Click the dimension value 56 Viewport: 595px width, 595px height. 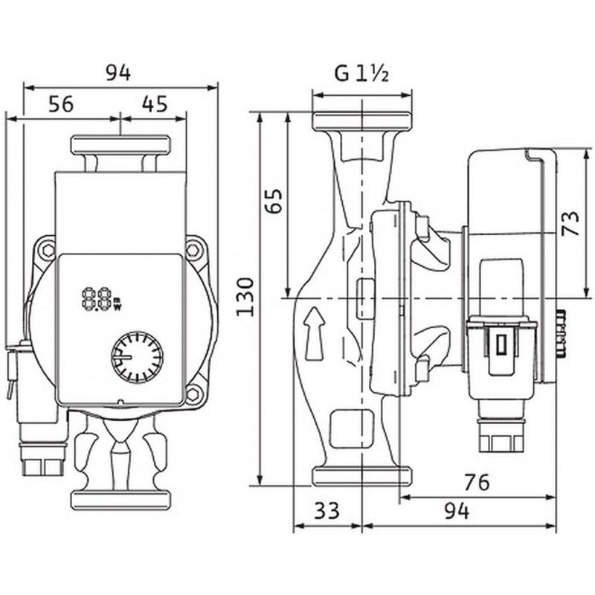[x=61, y=103]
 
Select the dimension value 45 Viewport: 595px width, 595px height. [x=155, y=103]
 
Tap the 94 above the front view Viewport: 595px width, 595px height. [x=118, y=73]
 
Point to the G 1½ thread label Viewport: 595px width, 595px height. [x=361, y=73]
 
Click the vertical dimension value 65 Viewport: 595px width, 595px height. [x=274, y=200]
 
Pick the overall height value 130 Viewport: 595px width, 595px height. [x=245, y=297]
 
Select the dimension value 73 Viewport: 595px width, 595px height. [x=571, y=223]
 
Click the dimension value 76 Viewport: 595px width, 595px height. [x=477, y=482]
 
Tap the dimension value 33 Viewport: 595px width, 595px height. [x=327, y=510]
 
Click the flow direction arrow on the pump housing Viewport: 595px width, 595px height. [x=315, y=333]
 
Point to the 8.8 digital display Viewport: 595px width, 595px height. [x=97, y=299]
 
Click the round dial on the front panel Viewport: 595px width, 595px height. [x=137, y=357]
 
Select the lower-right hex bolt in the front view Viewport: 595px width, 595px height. [x=193, y=395]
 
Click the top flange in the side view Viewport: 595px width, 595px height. [x=361, y=120]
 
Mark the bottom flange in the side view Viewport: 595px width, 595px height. [x=361, y=476]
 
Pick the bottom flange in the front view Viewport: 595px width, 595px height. [x=120, y=500]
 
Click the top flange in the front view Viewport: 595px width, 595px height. [x=120, y=145]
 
